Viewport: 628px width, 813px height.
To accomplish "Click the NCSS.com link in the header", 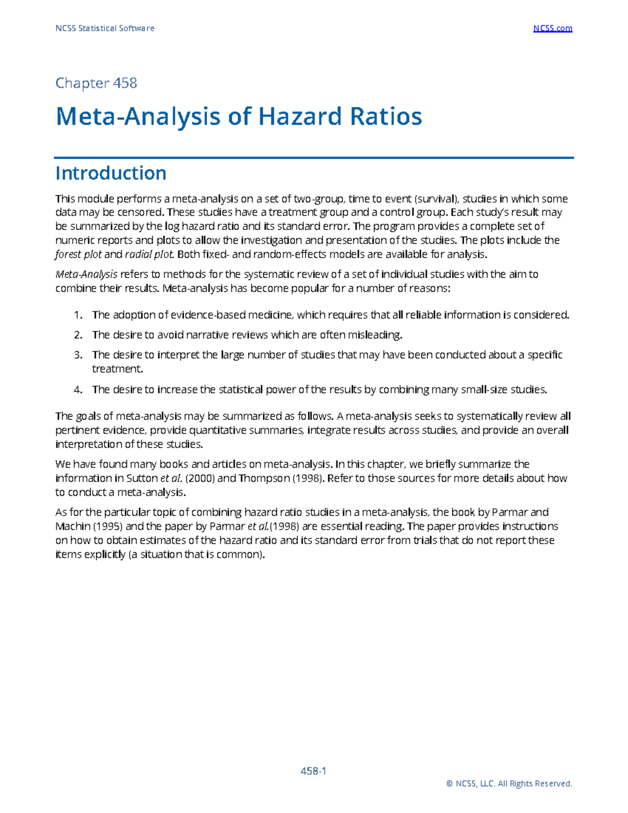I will (553, 28).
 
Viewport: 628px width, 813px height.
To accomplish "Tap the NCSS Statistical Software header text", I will (105, 28).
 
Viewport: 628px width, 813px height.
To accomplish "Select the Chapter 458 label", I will (96, 83).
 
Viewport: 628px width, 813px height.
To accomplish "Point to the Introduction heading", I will (111, 173).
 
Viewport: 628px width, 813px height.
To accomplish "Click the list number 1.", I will (78, 315).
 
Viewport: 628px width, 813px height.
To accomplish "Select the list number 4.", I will (78, 389).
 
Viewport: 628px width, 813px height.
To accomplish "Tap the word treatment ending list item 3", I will (117, 369).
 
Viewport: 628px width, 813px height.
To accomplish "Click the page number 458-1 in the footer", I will (313, 771).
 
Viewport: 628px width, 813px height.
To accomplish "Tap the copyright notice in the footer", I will (509, 784).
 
